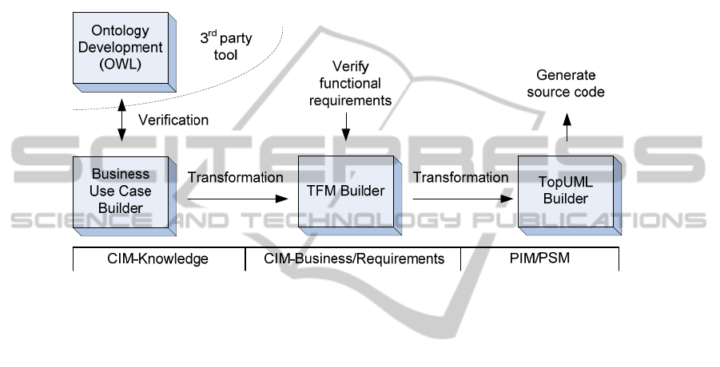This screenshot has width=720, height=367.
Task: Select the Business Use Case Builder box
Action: click(119, 191)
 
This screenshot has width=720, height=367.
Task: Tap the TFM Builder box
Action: click(344, 191)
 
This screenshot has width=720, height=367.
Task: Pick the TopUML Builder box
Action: click(565, 191)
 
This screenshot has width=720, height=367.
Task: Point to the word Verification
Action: click(173, 120)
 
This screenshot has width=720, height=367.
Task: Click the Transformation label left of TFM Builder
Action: click(235, 177)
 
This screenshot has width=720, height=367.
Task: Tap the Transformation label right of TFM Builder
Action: click(460, 177)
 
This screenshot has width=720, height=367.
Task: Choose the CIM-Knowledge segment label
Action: click(159, 258)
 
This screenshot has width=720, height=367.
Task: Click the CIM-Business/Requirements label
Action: click(353, 258)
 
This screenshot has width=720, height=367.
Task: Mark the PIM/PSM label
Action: click(539, 258)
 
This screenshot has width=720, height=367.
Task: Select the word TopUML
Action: click(566, 183)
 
